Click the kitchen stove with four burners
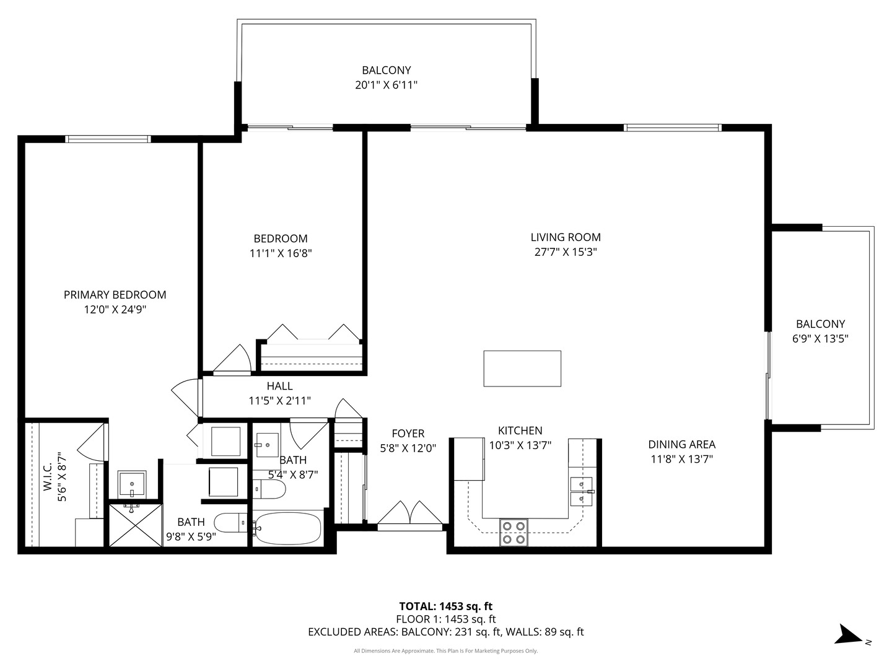tap(514, 532)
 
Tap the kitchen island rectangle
tap(522, 369)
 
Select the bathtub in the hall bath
tap(288, 528)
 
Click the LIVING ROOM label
tap(566, 237)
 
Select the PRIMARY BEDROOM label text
tap(115, 295)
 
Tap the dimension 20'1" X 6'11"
tap(386, 85)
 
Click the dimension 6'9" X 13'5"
tap(820, 339)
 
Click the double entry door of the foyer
tap(410, 514)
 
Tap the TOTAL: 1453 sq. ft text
tap(445, 606)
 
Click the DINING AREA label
tap(681, 444)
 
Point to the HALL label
tap(279, 386)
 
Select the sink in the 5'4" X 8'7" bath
tap(268, 444)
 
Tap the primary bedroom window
tap(108, 139)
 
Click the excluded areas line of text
tap(445, 632)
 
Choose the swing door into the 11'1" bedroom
tap(232, 361)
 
